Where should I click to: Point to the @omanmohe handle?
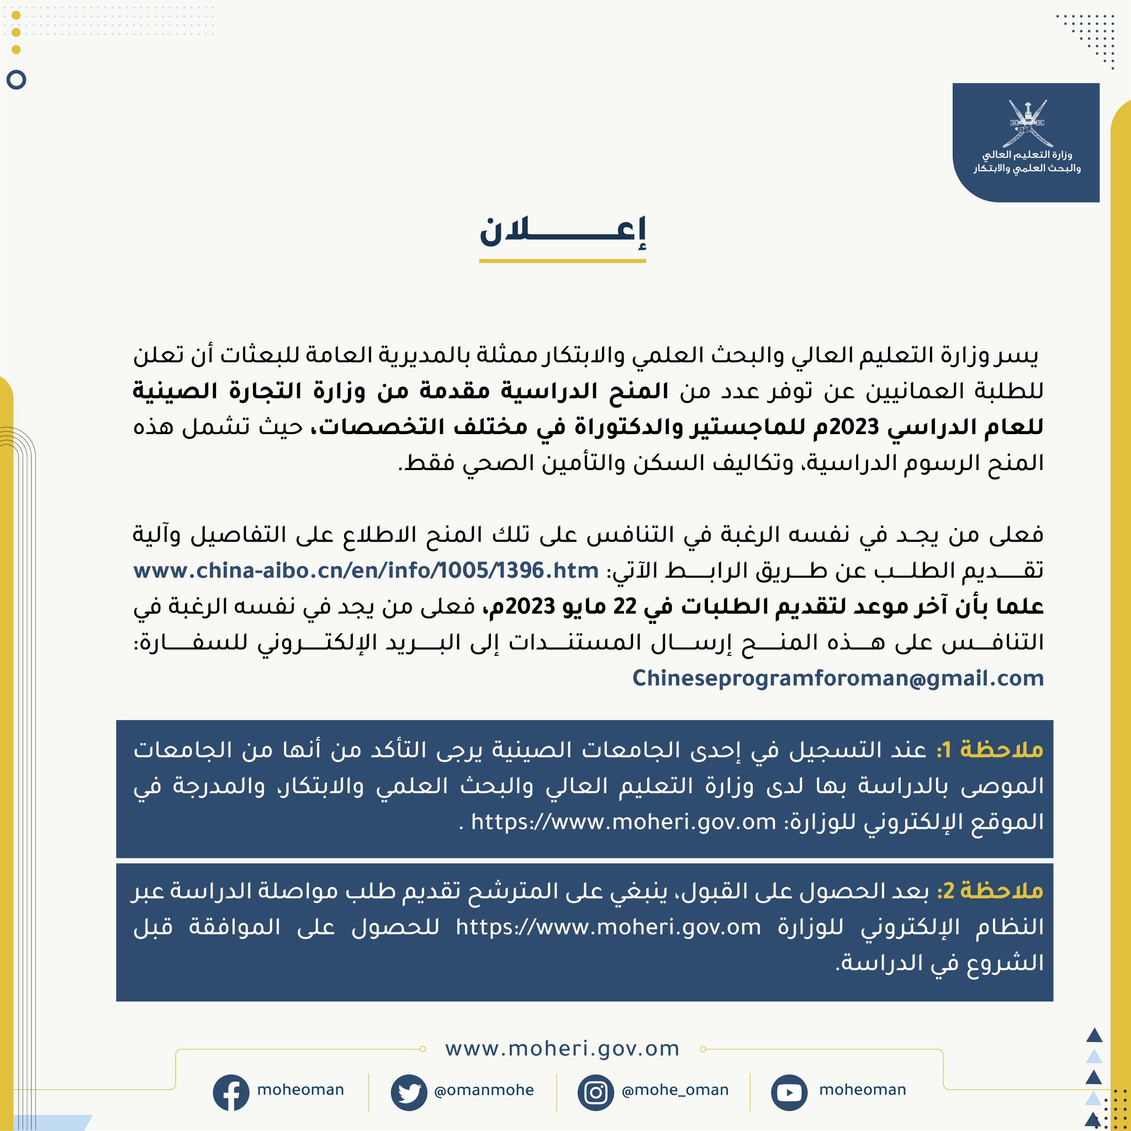click(484, 1090)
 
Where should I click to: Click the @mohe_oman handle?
click(675, 1090)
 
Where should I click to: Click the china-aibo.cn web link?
click(366, 570)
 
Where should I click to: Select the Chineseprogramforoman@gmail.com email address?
click(838, 678)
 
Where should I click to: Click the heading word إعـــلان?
click(562, 233)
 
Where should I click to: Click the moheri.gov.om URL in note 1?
click(623, 822)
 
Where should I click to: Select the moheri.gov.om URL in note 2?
click(608, 927)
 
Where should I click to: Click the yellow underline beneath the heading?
click(562, 261)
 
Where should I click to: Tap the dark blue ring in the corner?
click(17, 80)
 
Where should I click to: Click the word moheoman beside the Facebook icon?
click(300, 1090)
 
